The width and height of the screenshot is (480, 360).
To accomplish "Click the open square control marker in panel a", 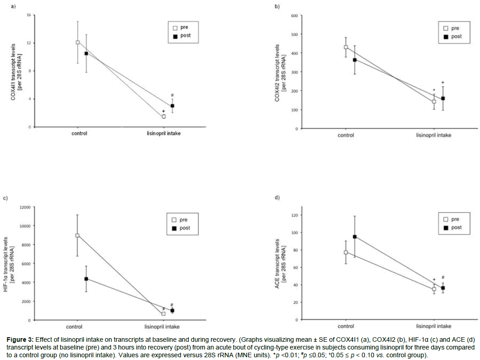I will [77, 42].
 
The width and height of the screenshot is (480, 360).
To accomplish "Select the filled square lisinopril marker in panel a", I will [172, 106].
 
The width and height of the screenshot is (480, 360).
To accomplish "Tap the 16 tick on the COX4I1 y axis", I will [28, 15].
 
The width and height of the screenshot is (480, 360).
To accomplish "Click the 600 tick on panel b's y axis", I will [294, 16].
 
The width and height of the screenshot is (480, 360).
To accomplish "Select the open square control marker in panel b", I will [346, 47].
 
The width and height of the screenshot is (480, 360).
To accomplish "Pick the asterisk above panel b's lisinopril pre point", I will [434, 90].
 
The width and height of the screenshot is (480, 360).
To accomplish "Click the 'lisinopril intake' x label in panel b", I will [434, 136].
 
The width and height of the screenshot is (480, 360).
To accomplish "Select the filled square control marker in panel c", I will [86, 278].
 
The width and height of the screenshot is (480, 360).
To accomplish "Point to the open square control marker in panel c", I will [77, 236].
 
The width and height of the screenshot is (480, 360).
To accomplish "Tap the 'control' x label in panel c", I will [77, 327].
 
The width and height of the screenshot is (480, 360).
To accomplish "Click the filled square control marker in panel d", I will [354, 237].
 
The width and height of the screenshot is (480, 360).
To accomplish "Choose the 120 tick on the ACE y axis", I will [294, 215].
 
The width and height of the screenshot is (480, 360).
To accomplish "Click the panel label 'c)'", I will [5, 198].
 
